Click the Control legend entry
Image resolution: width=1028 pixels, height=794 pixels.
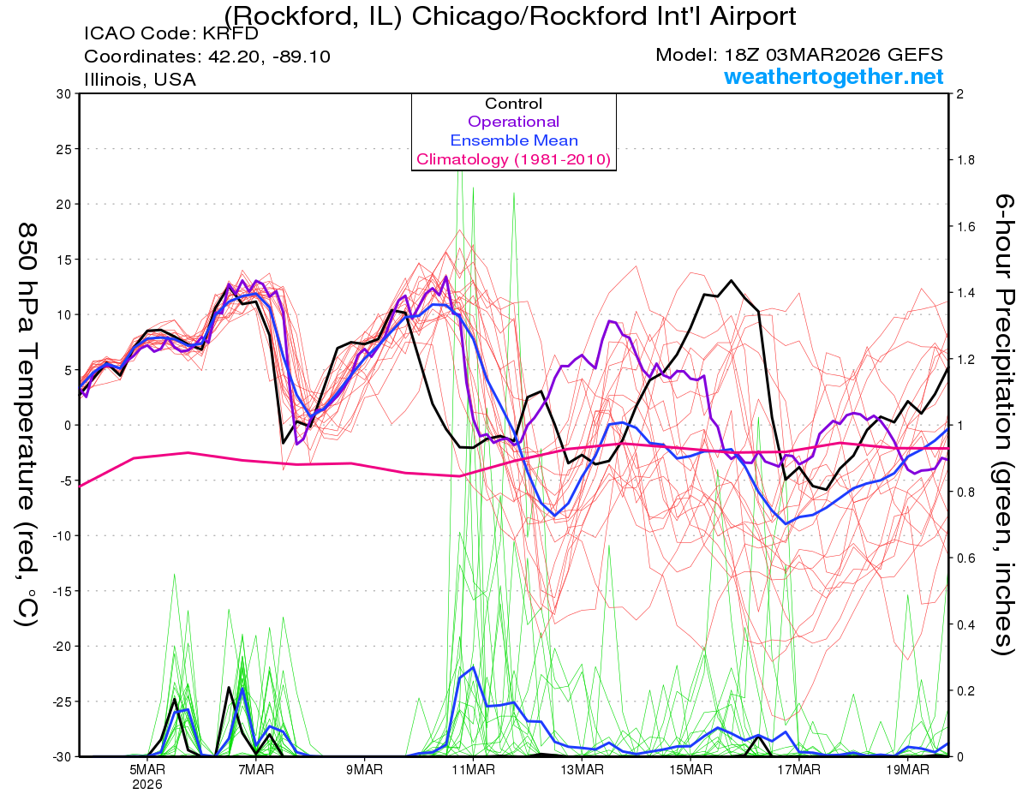pos(513,104)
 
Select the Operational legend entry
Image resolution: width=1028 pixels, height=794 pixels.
pos(513,122)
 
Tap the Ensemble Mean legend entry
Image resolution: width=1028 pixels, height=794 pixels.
pos(513,140)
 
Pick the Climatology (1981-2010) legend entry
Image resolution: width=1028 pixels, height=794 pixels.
pos(513,159)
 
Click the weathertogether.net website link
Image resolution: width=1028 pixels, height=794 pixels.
pos(834,77)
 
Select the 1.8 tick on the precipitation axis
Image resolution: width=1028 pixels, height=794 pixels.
pos(965,160)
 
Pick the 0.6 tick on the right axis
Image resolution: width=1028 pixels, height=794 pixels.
pos(965,558)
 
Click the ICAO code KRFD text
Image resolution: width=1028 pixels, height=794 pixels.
pos(171,34)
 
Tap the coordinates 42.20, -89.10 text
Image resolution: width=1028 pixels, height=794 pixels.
pos(207,57)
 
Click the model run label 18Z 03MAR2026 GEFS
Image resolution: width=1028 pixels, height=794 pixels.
pos(799,55)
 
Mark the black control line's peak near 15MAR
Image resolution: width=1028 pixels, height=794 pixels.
pos(731,280)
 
